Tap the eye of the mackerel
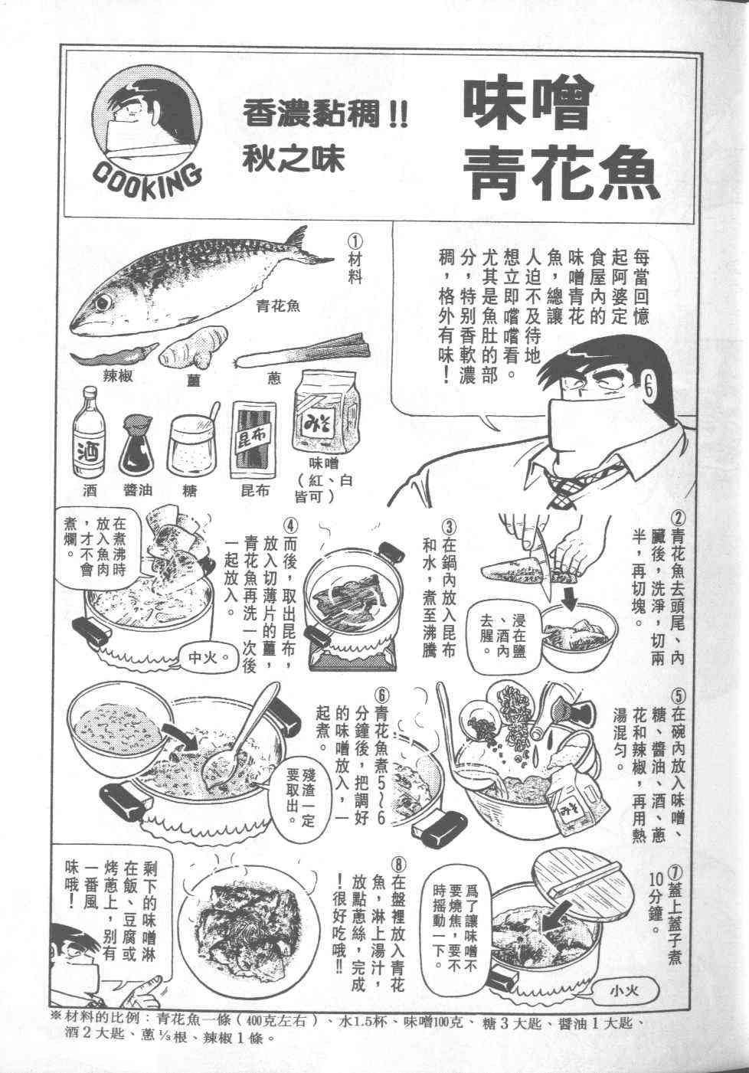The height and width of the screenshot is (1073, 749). (x=102, y=303)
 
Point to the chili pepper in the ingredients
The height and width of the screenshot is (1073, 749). (x=114, y=356)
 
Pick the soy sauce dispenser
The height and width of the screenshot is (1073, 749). (x=137, y=446)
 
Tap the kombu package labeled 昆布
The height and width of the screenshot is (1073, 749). (x=253, y=440)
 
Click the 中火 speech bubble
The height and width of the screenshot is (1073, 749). (x=204, y=658)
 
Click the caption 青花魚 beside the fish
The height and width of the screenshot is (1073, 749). (x=278, y=305)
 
